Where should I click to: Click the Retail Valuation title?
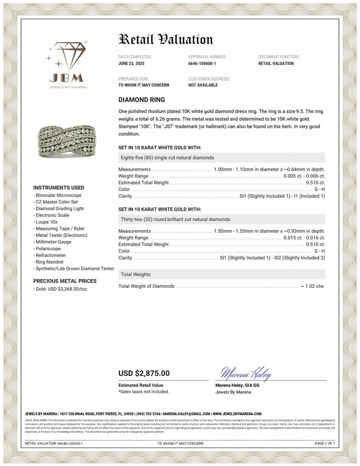(166, 39)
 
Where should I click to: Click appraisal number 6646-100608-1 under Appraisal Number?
(202, 64)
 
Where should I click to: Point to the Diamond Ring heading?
(141, 100)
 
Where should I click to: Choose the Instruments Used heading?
(58, 188)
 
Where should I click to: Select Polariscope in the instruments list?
(48, 249)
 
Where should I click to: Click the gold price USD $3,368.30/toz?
(62, 289)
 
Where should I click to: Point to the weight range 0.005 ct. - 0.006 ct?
(304, 176)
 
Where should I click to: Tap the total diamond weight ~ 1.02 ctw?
(313, 286)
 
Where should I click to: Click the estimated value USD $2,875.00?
(144, 373)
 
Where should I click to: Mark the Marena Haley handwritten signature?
(246, 373)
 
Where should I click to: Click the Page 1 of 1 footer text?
(325, 444)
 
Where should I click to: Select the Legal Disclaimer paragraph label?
(36, 420)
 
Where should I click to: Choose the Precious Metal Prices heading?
(65, 281)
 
